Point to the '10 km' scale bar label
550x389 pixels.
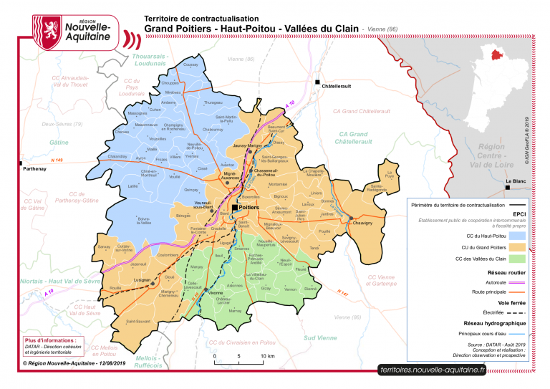(266, 356)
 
